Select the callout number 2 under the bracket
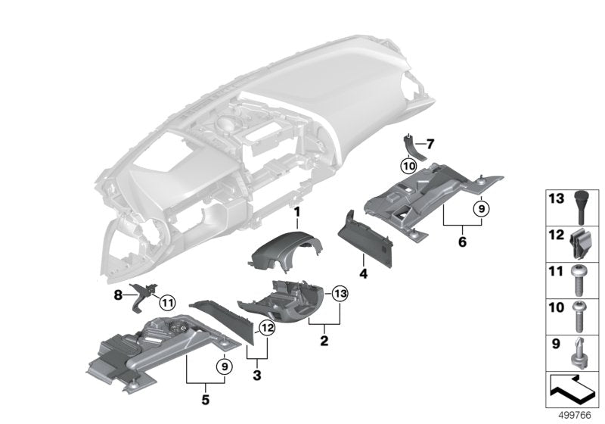click(324, 341)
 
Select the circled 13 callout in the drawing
click(339, 294)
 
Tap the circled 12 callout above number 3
click(266, 327)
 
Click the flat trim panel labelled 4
click(371, 235)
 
